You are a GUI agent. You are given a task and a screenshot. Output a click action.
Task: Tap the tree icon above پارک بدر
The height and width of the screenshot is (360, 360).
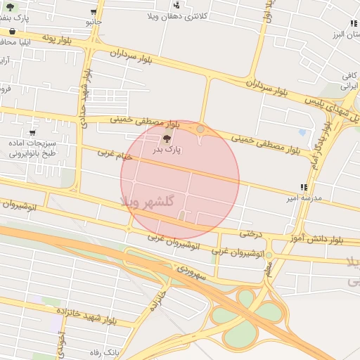coord(167,139)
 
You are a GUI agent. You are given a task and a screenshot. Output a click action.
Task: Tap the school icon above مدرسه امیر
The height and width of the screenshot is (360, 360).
coord(303,187)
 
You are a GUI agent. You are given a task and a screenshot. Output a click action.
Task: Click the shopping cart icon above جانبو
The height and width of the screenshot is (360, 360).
coord(94,12)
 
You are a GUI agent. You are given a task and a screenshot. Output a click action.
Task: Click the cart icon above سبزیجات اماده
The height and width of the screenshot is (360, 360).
coord(32,132)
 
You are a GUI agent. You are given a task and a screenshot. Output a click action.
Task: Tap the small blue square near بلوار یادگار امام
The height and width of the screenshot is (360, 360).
coord(302,131)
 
